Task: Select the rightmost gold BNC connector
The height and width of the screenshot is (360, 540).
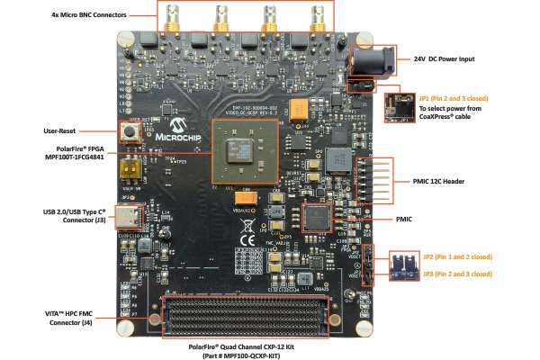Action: [x=317, y=20]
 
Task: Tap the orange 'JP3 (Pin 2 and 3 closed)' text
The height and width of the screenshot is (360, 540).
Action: [x=470, y=274]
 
